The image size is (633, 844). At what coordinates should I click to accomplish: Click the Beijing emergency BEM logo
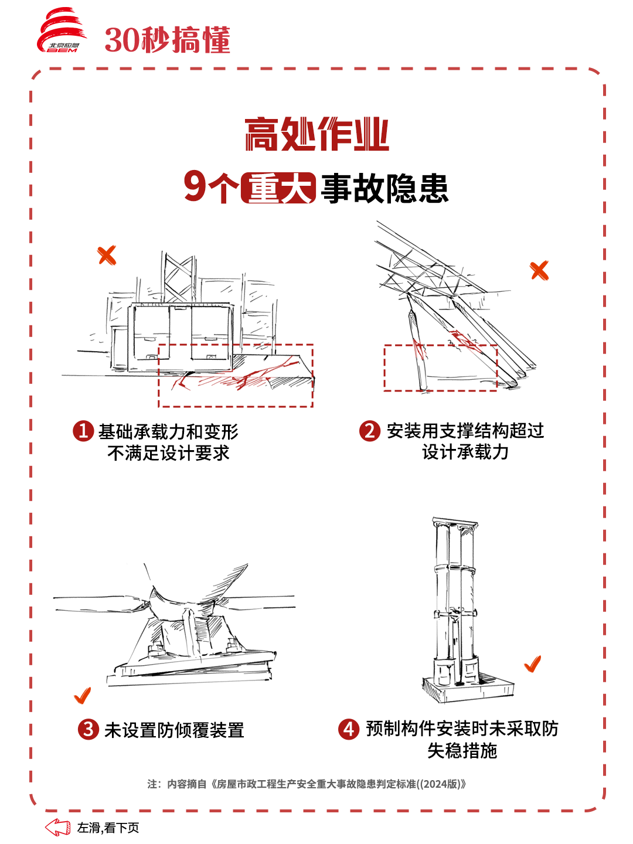[62, 30]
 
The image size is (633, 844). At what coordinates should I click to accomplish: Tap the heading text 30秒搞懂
[168, 40]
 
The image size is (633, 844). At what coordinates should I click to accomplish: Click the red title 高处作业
[316, 134]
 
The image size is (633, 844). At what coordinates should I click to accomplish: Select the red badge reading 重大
[278, 188]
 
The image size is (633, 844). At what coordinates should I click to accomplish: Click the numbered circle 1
[83, 431]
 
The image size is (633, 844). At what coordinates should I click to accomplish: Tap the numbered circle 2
[370, 431]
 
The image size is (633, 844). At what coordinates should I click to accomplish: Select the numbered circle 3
[89, 729]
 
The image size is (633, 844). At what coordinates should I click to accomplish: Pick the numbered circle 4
[349, 729]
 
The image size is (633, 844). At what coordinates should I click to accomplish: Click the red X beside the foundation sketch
[107, 256]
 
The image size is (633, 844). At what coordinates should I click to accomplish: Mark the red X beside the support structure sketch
[539, 271]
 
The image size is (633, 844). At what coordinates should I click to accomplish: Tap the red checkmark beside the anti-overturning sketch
[83, 696]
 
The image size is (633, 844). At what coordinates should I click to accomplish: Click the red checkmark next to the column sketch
[533, 664]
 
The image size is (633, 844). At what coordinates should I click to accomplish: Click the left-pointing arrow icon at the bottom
[57, 827]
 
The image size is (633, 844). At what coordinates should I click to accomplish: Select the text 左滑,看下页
[108, 828]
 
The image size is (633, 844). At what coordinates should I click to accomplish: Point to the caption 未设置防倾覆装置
[174, 730]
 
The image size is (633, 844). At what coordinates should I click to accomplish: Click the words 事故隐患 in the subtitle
[384, 188]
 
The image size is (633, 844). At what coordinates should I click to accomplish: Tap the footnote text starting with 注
[307, 784]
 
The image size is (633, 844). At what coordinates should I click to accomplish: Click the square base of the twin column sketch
[468, 689]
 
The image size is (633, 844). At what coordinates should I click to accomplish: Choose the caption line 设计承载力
[465, 452]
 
